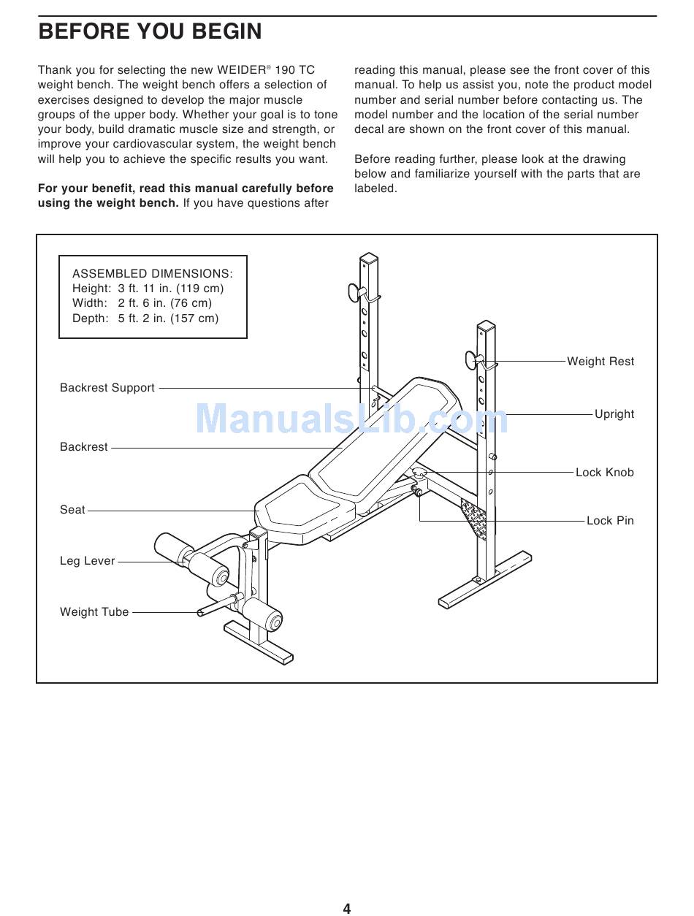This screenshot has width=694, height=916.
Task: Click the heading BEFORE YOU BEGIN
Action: coord(150,32)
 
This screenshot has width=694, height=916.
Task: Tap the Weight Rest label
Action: coord(600,362)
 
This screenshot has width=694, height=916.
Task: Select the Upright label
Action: coord(614,414)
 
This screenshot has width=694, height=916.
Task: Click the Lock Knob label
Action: coord(604,473)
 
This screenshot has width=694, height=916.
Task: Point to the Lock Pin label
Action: coord(610,521)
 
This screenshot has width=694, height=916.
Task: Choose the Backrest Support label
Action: coord(107,388)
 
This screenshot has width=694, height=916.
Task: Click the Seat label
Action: coord(72,510)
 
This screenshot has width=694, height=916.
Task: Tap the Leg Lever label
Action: coord(88,561)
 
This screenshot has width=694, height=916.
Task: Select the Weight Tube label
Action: coord(94,612)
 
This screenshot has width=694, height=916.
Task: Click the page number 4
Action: coord(347,909)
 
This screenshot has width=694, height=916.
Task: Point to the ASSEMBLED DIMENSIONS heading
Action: coord(153,274)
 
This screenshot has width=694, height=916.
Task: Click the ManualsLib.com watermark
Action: coord(351,419)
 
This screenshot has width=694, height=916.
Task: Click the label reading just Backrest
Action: coord(84,447)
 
